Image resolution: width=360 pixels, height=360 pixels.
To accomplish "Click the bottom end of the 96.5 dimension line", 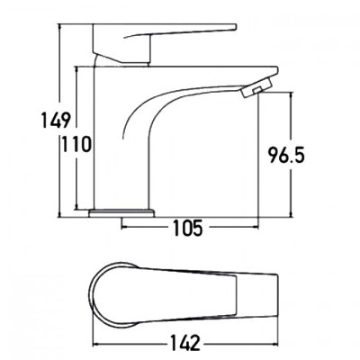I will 291,217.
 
